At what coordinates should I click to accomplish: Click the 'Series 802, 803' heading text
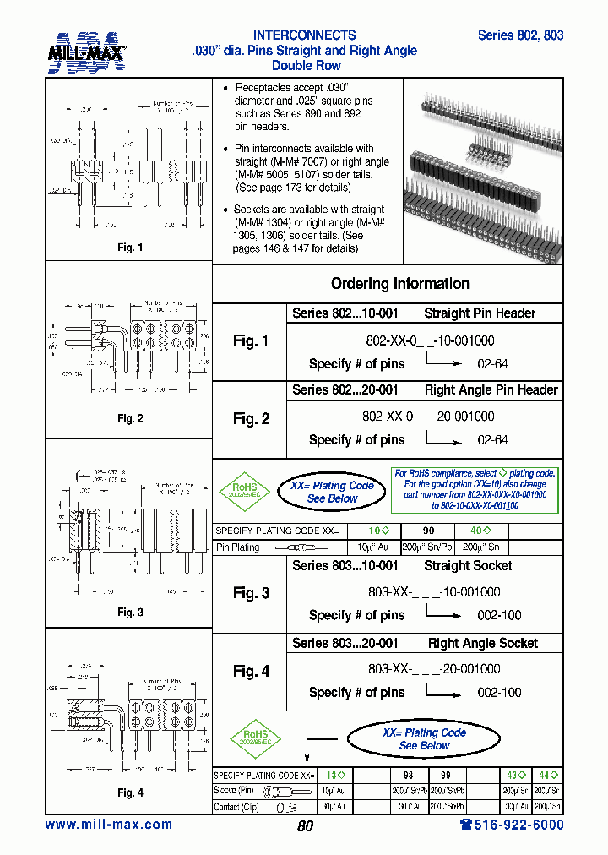pyautogui.click(x=520, y=35)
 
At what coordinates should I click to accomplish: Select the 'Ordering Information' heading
pyautogui.click(x=399, y=284)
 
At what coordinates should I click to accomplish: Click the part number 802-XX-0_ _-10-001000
pyautogui.click(x=428, y=340)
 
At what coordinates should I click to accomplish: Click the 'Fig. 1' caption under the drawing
pyautogui.click(x=129, y=248)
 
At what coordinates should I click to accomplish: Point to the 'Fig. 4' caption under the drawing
pyautogui.click(x=129, y=792)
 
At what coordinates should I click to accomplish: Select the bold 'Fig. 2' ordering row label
pyautogui.click(x=251, y=419)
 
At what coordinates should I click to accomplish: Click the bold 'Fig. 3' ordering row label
pyautogui.click(x=251, y=593)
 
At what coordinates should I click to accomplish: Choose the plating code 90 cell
pyautogui.click(x=429, y=531)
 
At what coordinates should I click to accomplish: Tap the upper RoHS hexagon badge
pyautogui.click(x=244, y=491)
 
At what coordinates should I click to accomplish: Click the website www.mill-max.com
pyautogui.click(x=109, y=825)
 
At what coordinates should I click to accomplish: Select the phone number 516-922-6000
pyautogui.click(x=512, y=825)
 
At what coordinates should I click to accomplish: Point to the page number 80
pyautogui.click(x=305, y=826)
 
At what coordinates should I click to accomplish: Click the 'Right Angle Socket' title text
pyautogui.click(x=482, y=643)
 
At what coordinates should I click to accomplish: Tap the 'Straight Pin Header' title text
pyautogui.click(x=480, y=313)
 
